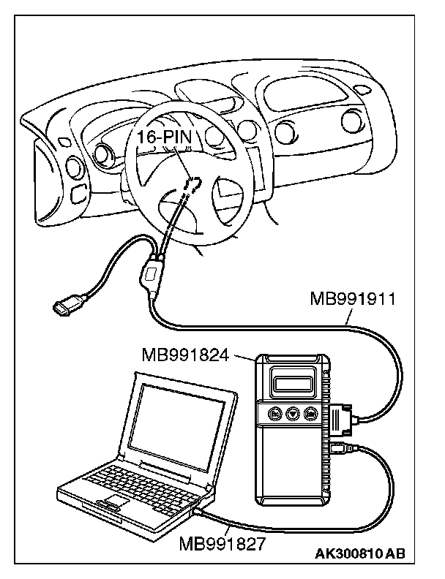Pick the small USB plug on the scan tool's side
point(338,447)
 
